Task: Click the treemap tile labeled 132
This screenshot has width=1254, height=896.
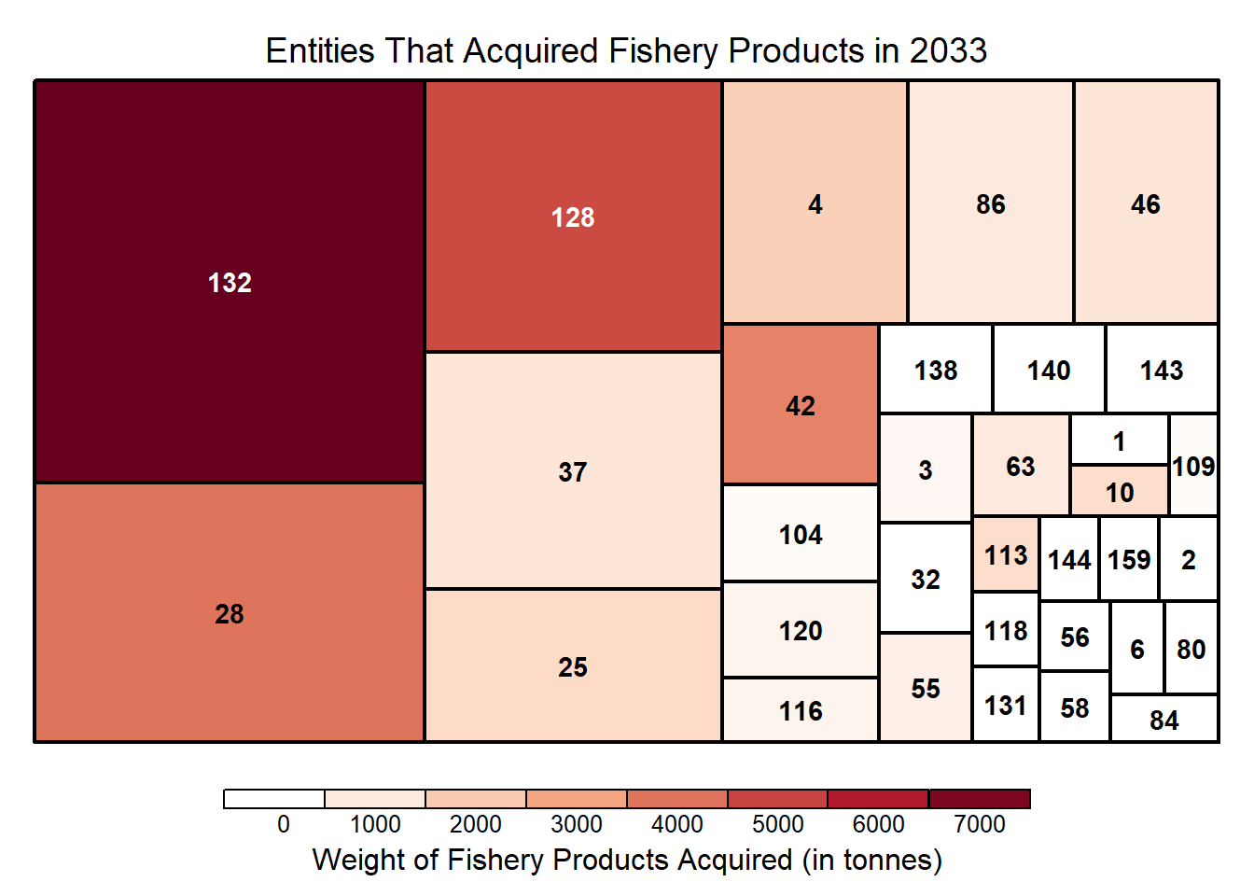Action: (230, 282)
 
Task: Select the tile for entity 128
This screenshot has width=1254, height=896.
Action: (573, 217)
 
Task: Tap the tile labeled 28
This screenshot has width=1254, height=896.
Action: (230, 613)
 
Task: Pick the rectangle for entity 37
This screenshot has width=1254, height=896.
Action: (573, 471)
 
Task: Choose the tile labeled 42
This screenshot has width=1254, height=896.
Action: (801, 405)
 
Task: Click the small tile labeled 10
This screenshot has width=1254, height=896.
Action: (1120, 492)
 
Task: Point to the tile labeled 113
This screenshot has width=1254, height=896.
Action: (1006, 555)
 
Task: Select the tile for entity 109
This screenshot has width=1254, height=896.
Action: (1193, 466)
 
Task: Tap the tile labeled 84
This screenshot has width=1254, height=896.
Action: (1164, 720)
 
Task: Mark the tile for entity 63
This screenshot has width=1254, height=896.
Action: (1021, 466)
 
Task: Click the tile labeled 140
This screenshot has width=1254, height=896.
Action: (1049, 370)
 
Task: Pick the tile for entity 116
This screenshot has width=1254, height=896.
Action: (801, 710)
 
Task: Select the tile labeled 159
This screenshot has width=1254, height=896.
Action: (1129, 559)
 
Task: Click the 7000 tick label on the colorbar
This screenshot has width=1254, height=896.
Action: (980, 824)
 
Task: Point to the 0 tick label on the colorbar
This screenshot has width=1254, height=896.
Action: (284, 824)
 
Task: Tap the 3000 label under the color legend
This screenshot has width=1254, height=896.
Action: (577, 824)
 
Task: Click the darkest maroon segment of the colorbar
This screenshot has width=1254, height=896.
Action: (980, 799)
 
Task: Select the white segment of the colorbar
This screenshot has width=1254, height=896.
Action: (274, 799)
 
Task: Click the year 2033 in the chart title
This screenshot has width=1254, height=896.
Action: (948, 50)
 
